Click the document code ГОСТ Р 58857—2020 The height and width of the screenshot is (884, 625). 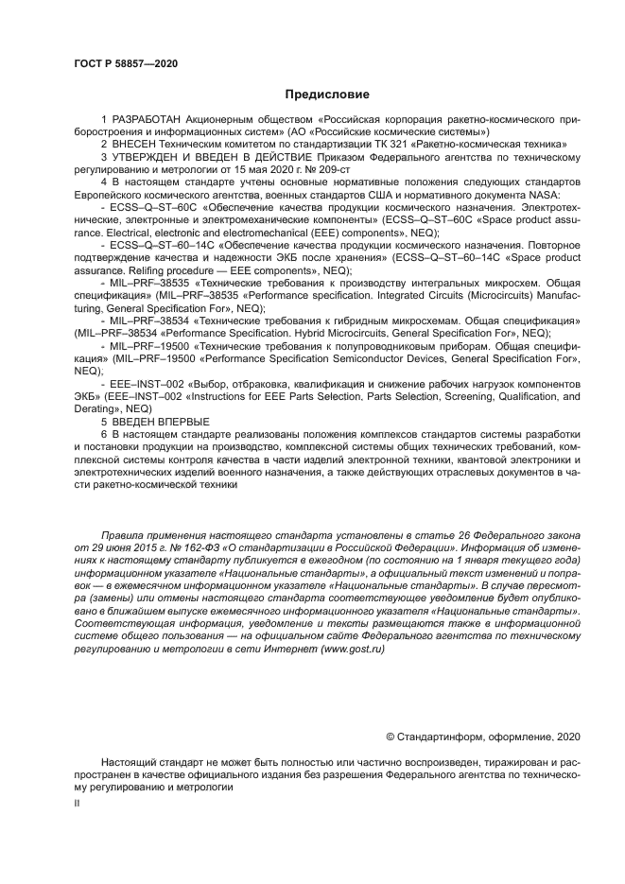(124, 64)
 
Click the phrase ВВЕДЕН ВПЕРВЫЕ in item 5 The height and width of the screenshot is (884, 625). (160, 421)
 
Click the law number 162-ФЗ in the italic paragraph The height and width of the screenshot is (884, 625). (190, 547)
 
